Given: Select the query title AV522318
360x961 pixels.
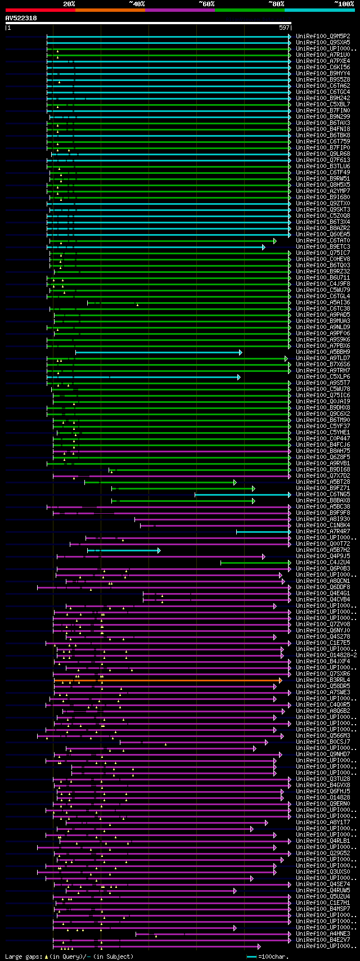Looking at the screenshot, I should coord(21,18).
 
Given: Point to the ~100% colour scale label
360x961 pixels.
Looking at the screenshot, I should coord(344,3).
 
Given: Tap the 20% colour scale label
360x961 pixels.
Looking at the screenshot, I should coord(69,3).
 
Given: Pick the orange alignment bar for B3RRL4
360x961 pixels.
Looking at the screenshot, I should coord(169,680).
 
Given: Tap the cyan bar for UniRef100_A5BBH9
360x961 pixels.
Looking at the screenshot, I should coord(157,352).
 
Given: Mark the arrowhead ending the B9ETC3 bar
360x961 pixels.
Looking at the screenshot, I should coord(263,247).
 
